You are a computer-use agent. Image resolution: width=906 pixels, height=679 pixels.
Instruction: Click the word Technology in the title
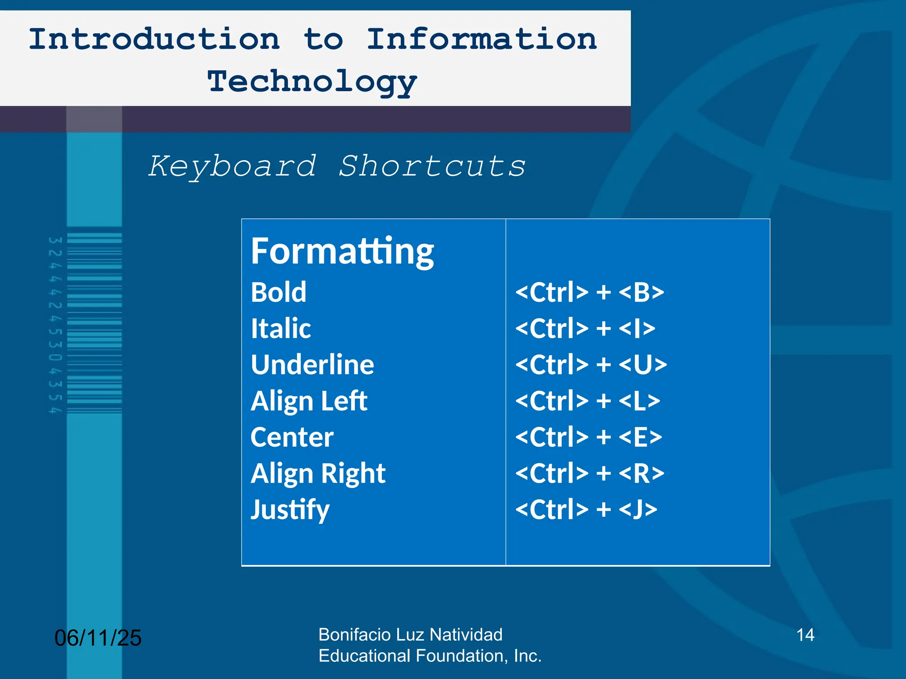312,82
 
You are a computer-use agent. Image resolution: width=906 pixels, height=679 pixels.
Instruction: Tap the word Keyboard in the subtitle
233,167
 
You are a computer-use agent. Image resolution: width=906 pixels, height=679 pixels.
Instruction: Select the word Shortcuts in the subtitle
432,167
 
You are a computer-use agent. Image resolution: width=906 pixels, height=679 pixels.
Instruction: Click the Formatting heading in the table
342,251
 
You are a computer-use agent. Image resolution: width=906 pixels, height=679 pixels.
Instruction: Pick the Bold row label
278,292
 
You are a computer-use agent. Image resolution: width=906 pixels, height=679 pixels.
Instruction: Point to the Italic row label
280,328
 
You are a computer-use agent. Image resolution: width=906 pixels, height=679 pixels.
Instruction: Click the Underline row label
312,365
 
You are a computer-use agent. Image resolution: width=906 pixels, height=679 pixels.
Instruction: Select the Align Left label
309,401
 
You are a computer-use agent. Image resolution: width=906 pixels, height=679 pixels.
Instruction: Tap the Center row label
292,437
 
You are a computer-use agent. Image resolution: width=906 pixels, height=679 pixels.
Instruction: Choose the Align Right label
318,473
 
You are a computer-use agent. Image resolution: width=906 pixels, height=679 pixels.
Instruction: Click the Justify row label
290,510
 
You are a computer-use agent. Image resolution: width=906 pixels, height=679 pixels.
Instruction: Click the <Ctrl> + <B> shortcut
590,292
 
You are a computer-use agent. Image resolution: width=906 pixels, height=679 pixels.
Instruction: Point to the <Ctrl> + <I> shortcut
585,328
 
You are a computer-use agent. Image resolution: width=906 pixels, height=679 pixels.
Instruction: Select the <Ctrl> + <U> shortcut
591,365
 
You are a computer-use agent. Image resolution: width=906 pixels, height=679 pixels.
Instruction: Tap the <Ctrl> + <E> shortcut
589,437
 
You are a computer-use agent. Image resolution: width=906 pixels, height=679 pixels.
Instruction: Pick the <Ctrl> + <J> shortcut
586,510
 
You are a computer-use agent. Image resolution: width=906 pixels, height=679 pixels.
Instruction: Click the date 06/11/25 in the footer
98,638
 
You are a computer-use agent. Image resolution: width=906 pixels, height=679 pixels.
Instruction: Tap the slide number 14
805,635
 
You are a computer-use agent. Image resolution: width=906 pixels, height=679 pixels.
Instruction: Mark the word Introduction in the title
154,39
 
